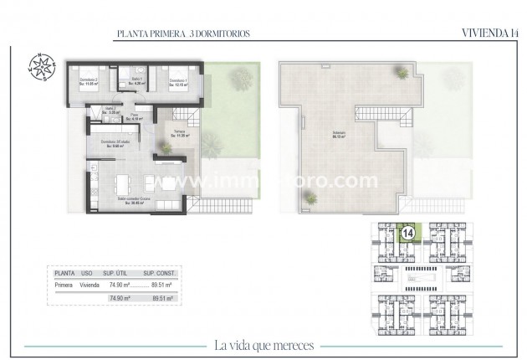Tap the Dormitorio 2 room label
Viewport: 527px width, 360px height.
point(89,82)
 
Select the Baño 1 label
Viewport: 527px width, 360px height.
point(140,82)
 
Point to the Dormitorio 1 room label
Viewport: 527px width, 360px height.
point(178,82)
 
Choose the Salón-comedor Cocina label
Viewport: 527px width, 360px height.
point(134,201)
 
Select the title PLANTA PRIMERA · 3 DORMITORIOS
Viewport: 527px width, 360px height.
point(183,34)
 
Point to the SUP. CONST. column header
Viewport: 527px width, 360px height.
point(158,273)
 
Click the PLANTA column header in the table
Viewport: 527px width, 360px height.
point(64,273)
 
